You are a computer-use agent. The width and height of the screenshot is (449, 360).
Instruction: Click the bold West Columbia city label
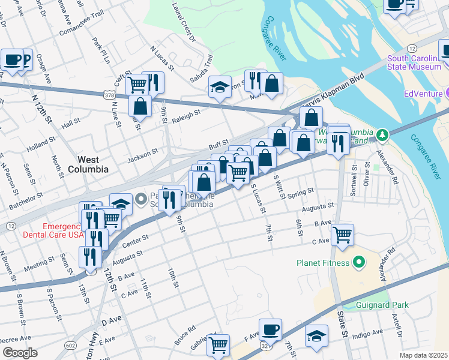92,164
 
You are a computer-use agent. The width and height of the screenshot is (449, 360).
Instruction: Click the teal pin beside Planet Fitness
359,262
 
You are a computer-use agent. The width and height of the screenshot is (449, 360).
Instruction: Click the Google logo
20,353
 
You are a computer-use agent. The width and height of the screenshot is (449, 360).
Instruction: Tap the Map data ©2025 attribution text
423,355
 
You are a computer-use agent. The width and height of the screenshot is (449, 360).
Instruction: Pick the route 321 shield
265,346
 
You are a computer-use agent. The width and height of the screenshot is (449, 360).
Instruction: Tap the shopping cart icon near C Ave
342,235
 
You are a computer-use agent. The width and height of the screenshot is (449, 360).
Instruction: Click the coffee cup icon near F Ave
270,329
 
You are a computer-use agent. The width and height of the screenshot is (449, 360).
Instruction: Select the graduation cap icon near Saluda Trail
220,87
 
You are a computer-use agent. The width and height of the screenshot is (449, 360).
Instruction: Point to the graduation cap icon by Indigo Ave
316,337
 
